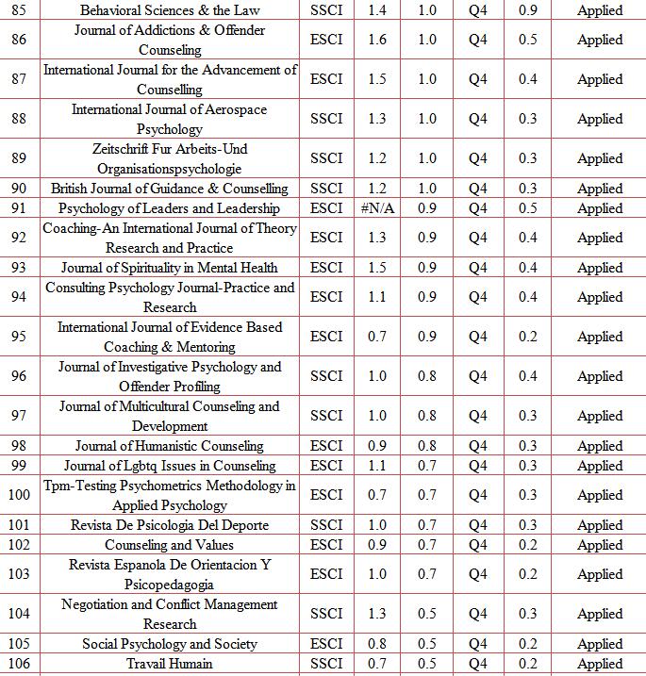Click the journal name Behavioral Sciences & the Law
pos(170,10)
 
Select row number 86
pos(19,40)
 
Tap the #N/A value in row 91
pos(377,208)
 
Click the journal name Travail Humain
pos(170,664)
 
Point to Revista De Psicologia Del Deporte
pos(170,525)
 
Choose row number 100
pos(19,495)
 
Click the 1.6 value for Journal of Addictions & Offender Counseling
pos(377,40)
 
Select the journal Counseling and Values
pos(170,545)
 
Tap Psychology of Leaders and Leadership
pos(170,208)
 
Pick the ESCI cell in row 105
pos(326,644)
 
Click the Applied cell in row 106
pos(600,664)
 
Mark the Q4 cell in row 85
pos(478,10)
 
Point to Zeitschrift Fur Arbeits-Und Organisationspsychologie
pos(170,158)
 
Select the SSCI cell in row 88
pos(326,119)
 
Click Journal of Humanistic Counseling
pos(170,446)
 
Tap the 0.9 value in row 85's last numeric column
pos(528,10)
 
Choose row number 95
pos(19,337)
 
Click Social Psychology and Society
pos(170,644)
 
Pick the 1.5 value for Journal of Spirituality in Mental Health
pos(377,268)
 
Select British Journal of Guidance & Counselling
pos(170,189)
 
